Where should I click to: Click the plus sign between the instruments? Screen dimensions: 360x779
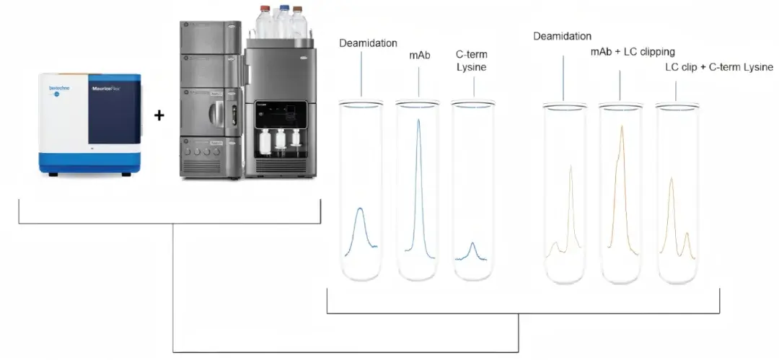tap(159, 115)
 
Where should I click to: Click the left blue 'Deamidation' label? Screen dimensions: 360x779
tap(368, 43)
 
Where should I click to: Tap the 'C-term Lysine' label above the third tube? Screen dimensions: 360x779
tap(473, 60)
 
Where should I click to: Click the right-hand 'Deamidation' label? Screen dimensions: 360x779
tap(563, 36)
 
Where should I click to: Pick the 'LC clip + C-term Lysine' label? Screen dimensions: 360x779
tap(718, 67)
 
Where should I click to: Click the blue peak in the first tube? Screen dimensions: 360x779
tap(361, 210)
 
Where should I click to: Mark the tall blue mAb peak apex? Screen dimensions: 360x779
tap(418, 120)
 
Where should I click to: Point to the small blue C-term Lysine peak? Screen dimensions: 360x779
tap(472, 245)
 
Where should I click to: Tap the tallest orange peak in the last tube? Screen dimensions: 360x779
tap(672, 180)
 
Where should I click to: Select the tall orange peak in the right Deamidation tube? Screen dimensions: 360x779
tap(571, 167)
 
